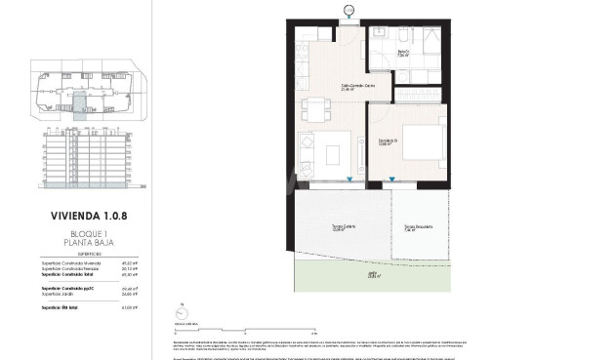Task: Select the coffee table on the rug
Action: pyautogui.click(x=333, y=154)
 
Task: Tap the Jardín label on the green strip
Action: pyautogui.click(x=372, y=274)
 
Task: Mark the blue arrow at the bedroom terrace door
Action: pyautogui.click(x=391, y=180)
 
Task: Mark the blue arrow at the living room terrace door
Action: pyautogui.click(x=349, y=180)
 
